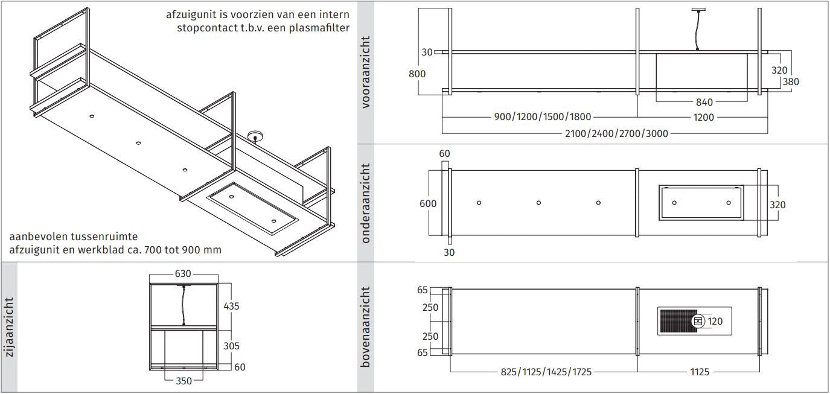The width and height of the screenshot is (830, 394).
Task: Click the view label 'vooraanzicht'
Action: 366,72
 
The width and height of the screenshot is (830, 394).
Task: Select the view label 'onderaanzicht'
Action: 366,203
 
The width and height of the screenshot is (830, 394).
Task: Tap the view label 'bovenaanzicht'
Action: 366,327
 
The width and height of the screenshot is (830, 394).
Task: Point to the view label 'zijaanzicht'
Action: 9,328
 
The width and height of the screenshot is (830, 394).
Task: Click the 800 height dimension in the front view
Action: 417,74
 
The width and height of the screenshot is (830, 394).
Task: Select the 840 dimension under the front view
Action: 704,102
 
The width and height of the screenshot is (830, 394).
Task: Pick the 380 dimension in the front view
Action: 791,82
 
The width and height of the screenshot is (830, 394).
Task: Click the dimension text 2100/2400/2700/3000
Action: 616,133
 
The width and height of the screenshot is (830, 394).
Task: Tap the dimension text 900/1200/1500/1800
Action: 543,117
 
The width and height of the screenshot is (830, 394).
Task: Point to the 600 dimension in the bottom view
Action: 428,204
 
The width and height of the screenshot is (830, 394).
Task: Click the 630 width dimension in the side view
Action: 183,274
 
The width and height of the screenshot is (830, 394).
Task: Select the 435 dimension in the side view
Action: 231,307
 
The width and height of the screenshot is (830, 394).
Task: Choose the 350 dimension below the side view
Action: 184,381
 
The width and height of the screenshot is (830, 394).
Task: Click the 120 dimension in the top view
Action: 715,322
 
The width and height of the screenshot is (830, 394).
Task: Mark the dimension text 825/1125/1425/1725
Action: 546,372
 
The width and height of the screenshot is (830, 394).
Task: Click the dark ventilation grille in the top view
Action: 678,321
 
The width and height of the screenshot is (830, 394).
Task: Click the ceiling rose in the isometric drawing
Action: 255,136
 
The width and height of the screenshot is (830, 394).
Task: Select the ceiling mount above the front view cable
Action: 698,10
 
